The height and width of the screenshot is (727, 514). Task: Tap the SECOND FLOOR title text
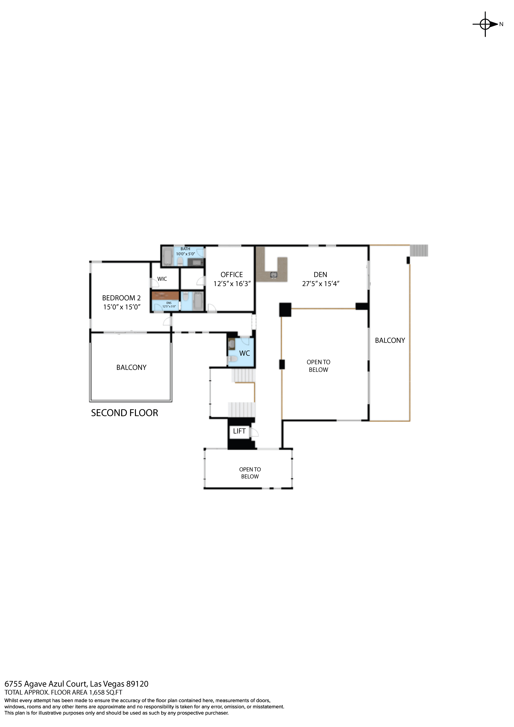124,413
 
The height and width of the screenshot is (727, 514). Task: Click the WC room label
244,353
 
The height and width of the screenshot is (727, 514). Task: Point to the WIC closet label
162,279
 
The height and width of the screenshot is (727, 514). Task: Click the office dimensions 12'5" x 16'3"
232,284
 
